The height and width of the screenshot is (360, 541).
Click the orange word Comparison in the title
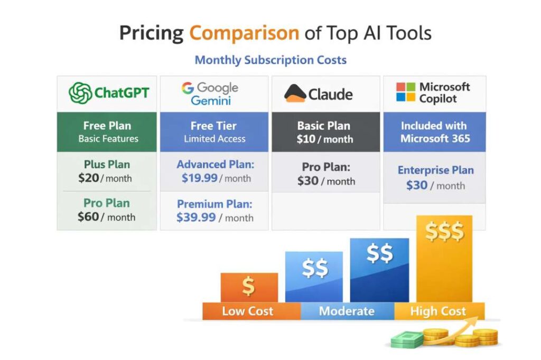pos(244,33)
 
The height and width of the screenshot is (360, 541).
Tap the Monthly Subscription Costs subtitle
pos(270,60)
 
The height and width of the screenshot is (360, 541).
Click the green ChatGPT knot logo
pos(80,93)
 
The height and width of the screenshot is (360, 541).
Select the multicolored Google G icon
pos(188,88)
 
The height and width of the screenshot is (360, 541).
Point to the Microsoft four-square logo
pos(405,92)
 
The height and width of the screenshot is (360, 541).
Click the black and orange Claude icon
pos(295,93)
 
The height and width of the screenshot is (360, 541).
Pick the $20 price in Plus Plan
pos(88,178)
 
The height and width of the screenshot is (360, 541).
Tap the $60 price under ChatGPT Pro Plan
pos(88,216)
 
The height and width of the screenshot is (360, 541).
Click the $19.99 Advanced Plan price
pos(199,178)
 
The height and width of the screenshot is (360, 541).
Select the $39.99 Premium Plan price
pos(196,217)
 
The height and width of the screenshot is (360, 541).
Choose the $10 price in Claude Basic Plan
pos(306,139)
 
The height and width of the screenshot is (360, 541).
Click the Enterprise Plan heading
pos(435,170)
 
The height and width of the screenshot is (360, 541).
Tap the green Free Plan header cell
pos(107,132)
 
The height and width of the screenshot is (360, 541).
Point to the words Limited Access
pos(214,139)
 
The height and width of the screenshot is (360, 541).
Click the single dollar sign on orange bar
pos(248,286)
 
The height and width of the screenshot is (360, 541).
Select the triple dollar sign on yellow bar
pos(444,231)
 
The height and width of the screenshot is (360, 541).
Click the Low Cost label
pos(247,311)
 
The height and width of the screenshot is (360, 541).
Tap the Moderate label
pos(347,311)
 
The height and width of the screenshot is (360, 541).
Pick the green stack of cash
pos(407,339)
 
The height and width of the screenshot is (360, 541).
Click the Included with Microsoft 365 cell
pos(435,132)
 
